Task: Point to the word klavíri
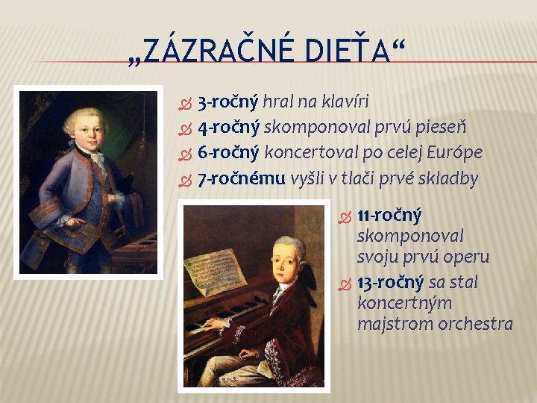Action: [345, 101]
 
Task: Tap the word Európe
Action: [452, 153]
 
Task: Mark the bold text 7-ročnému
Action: [241, 178]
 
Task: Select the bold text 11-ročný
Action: [389, 216]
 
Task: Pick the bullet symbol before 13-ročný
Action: [344, 283]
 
